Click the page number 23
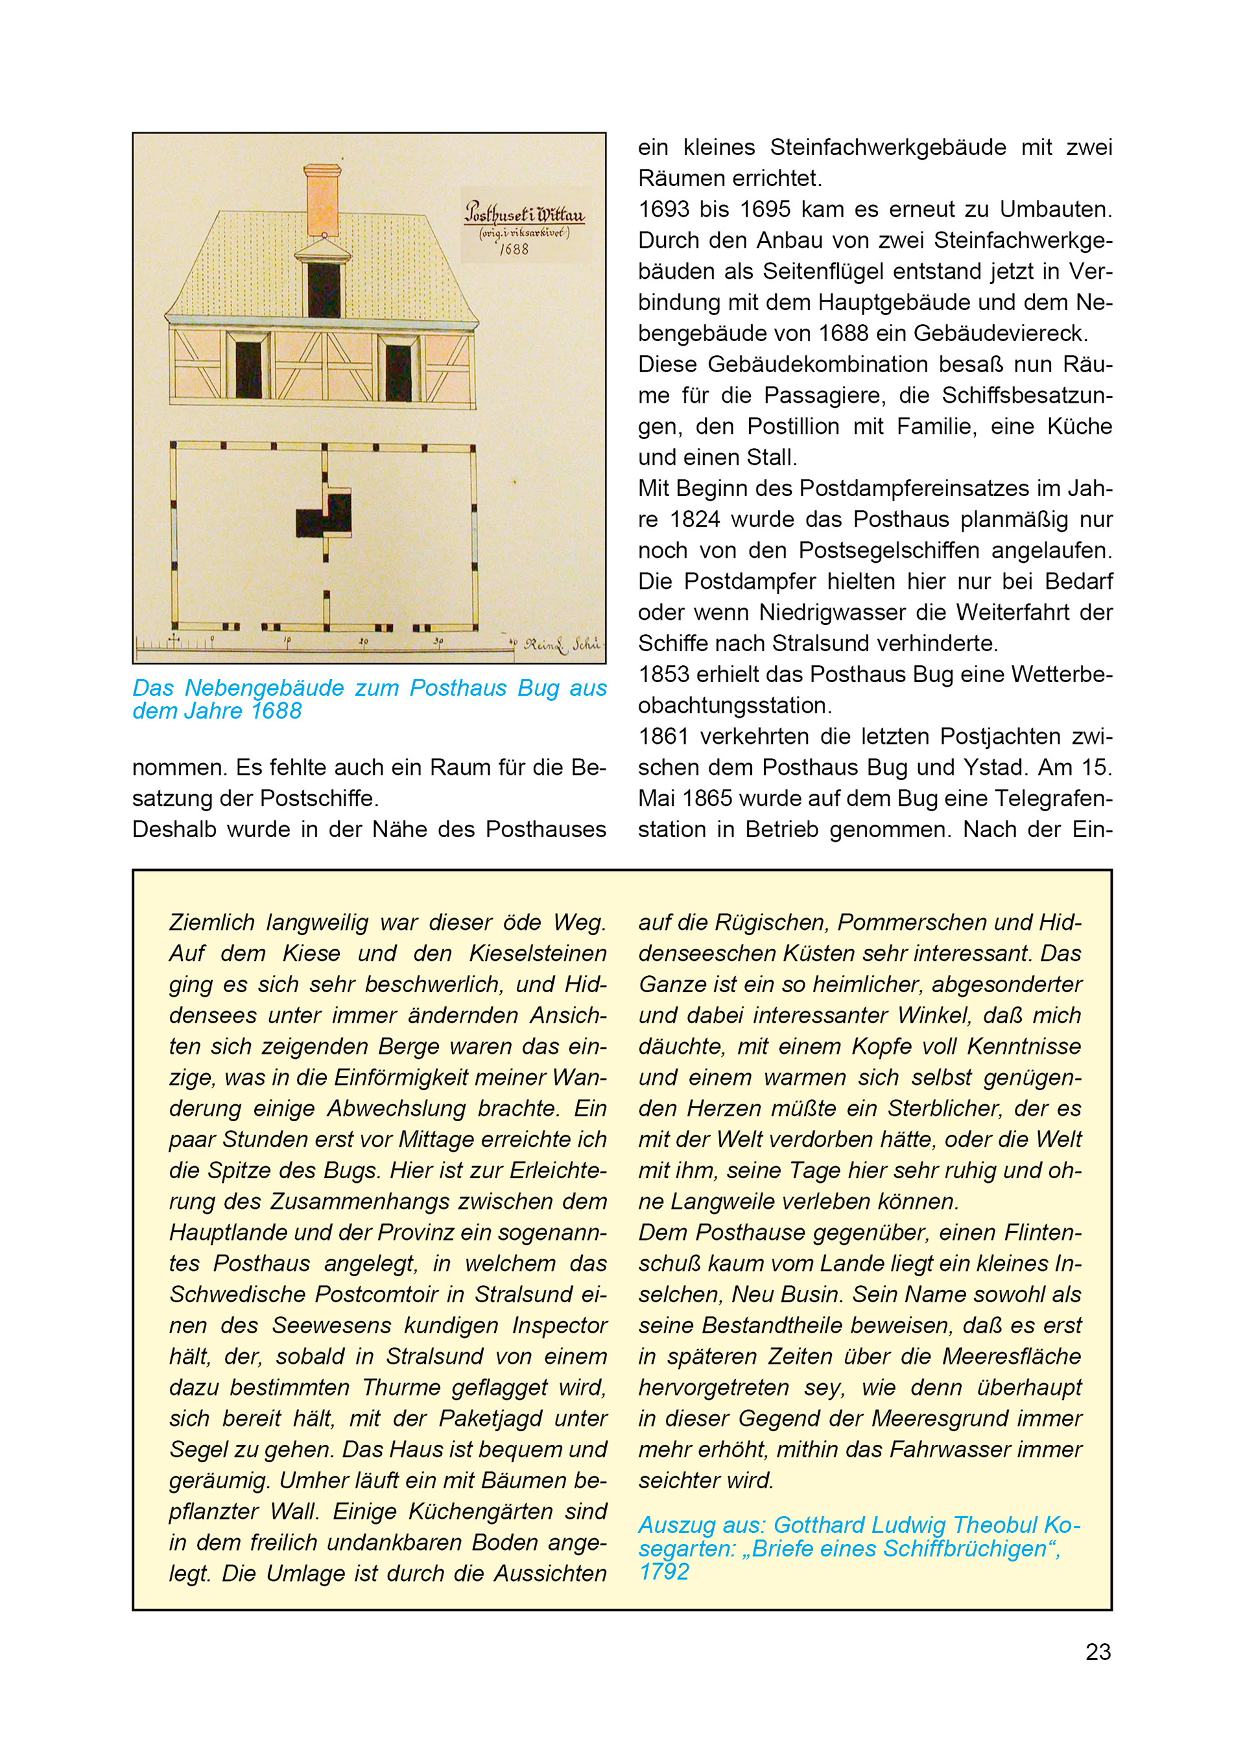pos(1097,1652)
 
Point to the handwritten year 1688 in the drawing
pos(514,249)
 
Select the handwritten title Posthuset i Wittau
pos(525,212)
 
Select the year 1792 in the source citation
pos(664,1572)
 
